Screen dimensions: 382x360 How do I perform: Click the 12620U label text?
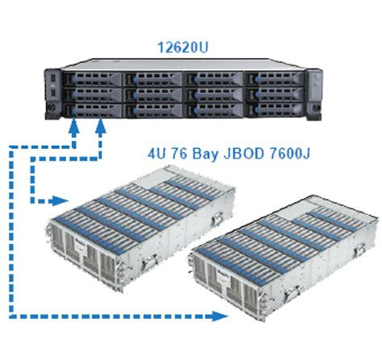click(x=183, y=47)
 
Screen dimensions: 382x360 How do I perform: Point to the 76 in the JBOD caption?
click(x=180, y=154)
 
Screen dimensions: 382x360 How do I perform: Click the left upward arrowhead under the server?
click(x=73, y=126)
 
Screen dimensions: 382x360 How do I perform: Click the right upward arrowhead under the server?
click(x=101, y=126)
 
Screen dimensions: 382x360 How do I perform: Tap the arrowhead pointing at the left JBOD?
click(x=60, y=201)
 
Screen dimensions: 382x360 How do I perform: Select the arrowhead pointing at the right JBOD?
click(x=221, y=316)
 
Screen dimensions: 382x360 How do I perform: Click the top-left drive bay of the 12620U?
click(x=92, y=79)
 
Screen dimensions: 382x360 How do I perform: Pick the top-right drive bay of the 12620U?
click(x=275, y=79)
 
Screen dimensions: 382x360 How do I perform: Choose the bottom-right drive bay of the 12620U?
click(x=275, y=110)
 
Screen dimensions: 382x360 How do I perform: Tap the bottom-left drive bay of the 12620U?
click(x=92, y=110)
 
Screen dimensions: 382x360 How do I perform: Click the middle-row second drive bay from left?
click(x=153, y=95)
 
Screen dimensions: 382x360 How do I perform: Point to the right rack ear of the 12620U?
click(x=313, y=94)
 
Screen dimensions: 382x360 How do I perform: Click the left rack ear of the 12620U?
click(x=53, y=94)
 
